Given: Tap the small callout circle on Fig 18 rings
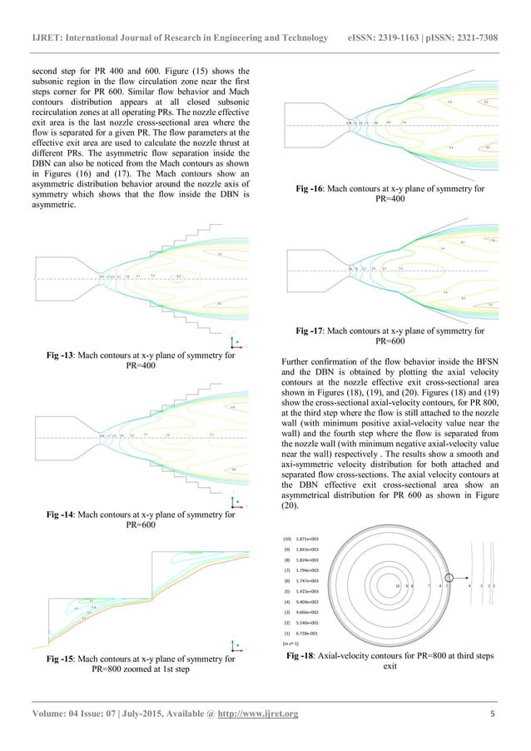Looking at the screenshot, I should coord(451,587).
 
